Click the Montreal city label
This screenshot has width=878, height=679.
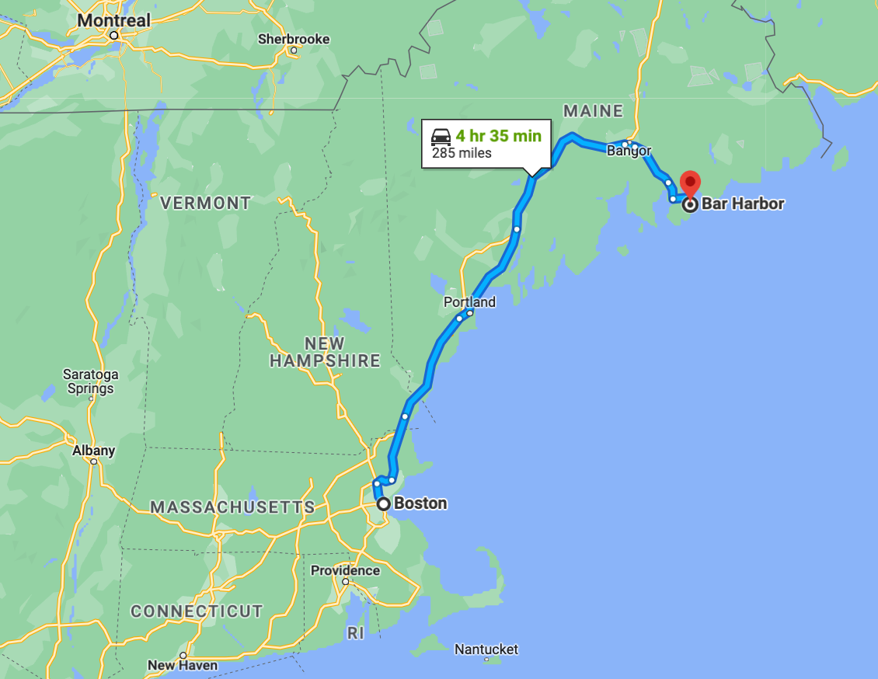114,20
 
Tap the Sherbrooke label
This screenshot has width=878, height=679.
294,39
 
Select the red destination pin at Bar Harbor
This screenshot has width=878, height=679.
690,185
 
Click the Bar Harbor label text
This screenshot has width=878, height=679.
743,204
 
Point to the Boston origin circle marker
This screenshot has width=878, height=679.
384,503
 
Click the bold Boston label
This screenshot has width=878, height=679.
420,503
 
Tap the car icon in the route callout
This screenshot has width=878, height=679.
441,137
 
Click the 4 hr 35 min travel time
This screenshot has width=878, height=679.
498,136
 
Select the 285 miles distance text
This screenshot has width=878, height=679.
462,153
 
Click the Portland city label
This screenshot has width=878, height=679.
469,301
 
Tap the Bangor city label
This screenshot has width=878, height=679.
629,150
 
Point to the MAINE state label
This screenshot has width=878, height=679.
594,111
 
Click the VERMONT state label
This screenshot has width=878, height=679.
205,204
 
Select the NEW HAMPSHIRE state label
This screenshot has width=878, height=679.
325,352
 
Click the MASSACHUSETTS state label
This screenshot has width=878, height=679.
232,507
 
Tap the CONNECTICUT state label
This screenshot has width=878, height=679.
197,611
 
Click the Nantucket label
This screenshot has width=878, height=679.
486,649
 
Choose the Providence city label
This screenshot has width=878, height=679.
346,570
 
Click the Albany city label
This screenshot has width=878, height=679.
94,451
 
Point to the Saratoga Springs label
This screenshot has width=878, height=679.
90,381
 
